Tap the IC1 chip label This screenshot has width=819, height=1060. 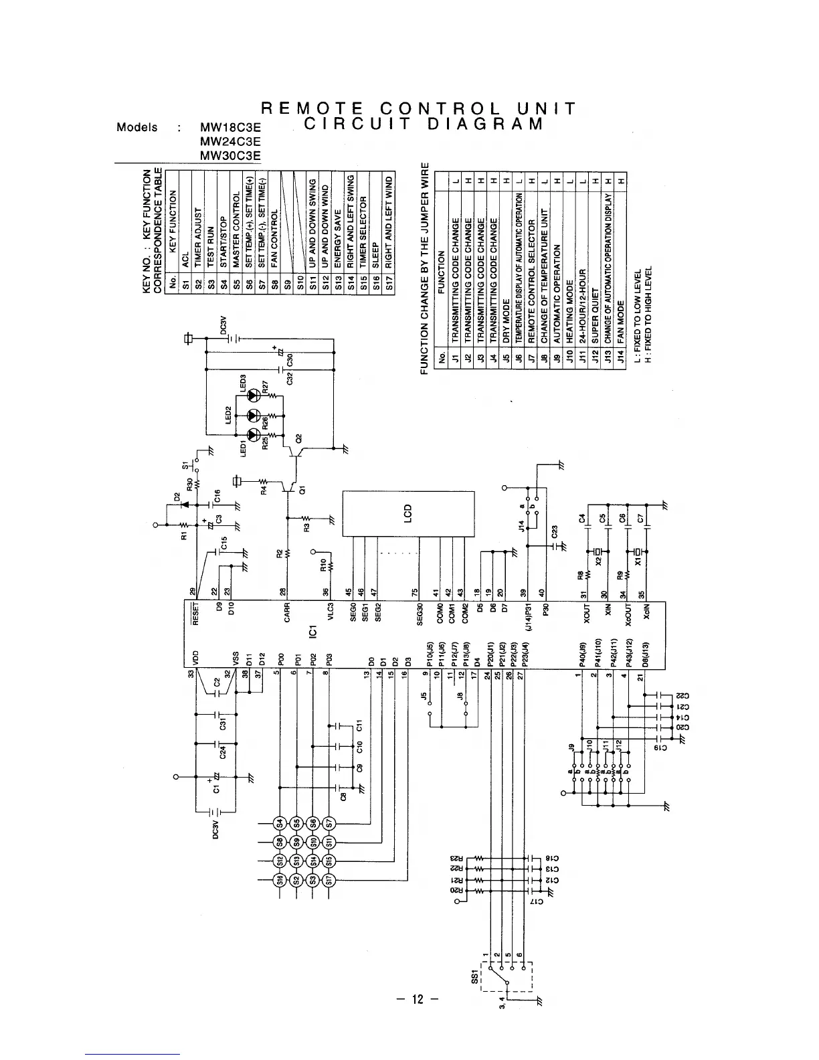[313, 632]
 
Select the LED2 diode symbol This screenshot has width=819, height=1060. [253, 416]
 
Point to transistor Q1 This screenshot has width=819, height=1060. [291, 489]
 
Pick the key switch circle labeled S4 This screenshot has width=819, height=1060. [280, 824]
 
